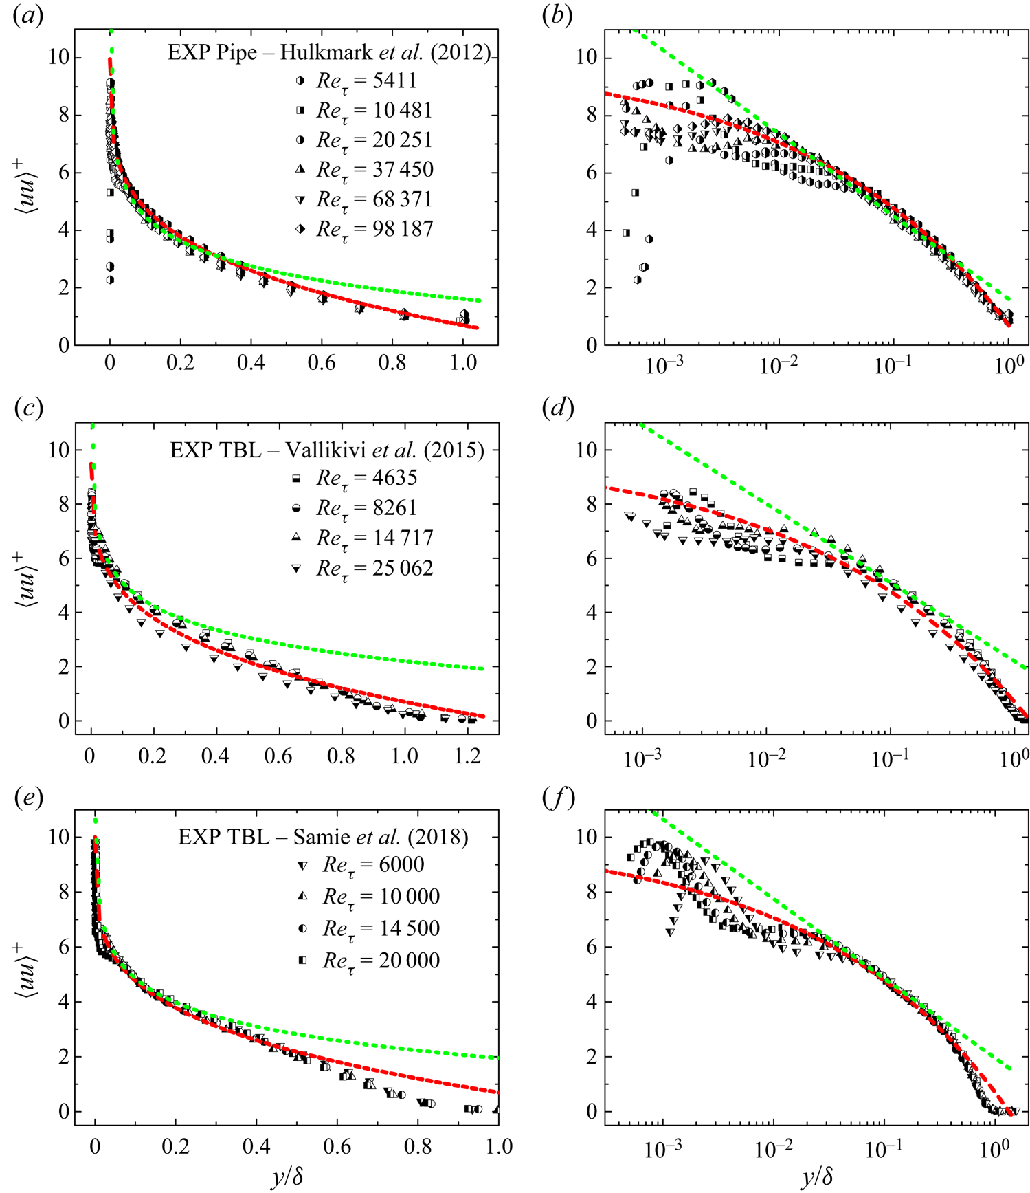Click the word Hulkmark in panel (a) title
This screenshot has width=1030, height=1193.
(321, 53)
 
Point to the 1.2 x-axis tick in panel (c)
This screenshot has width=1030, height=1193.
(468, 756)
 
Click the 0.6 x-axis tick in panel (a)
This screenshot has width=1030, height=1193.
(322, 362)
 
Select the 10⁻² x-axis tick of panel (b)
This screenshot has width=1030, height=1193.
(778, 364)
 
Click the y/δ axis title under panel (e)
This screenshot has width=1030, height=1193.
(287, 1177)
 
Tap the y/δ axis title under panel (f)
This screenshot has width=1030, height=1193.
(816, 1177)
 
